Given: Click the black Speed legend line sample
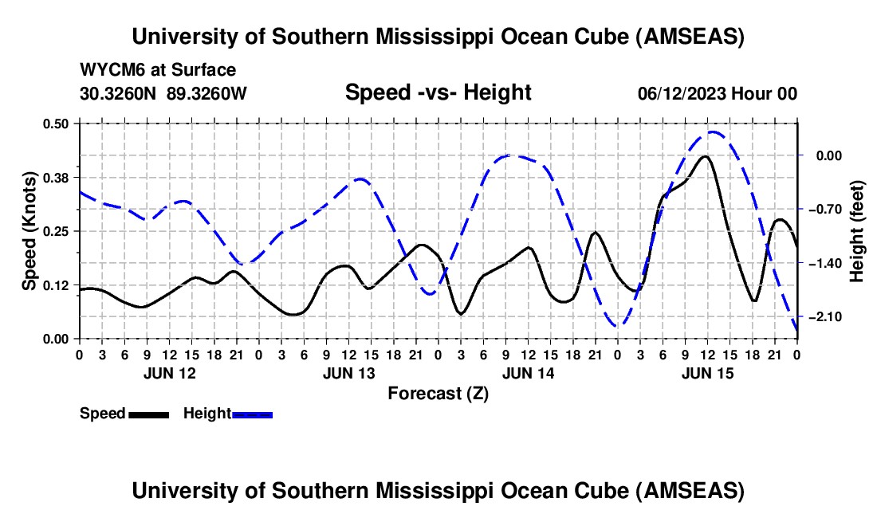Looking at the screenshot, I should [x=147, y=414].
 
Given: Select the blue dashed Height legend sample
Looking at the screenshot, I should [x=252, y=414].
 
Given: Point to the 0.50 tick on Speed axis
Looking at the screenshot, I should [x=57, y=123].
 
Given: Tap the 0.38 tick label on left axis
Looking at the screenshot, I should [x=57, y=177].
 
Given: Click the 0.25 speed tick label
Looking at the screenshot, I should [x=57, y=231].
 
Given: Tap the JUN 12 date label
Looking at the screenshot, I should [x=169, y=373].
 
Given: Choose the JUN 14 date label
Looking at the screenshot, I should [x=528, y=373].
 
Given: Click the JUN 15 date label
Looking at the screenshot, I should [x=707, y=373].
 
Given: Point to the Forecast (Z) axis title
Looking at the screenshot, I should [x=438, y=393].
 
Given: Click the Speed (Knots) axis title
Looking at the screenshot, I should [x=29, y=231].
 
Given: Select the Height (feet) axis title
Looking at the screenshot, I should [x=857, y=231].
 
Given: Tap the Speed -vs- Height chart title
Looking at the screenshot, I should [x=438, y=93].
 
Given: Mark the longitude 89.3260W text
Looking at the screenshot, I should [x=207, y=93].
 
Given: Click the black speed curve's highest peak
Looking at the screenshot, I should [x=705, y=156].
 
